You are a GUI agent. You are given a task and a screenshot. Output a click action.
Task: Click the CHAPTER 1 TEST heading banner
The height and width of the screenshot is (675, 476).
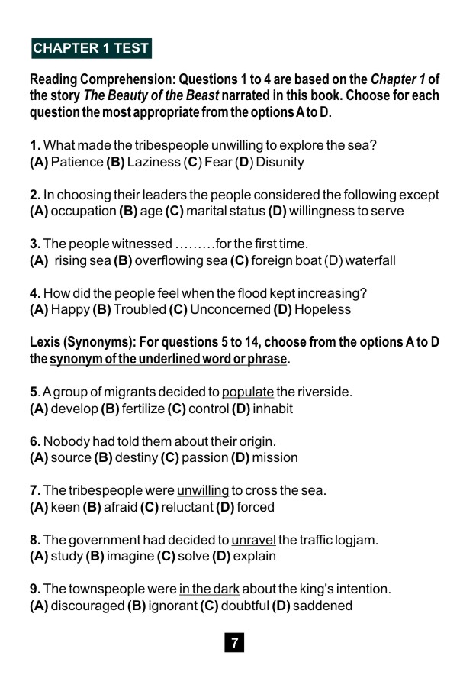tap(91, 48)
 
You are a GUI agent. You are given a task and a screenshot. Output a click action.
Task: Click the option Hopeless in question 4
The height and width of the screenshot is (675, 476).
tap(323, 309)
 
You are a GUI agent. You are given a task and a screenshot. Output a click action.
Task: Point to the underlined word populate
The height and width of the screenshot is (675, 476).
tap(248, 392)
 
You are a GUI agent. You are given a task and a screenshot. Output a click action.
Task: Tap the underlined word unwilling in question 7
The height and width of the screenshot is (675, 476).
tap(203, 490)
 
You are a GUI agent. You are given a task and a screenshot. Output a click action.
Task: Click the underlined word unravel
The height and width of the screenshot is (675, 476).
tap(254, 540)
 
